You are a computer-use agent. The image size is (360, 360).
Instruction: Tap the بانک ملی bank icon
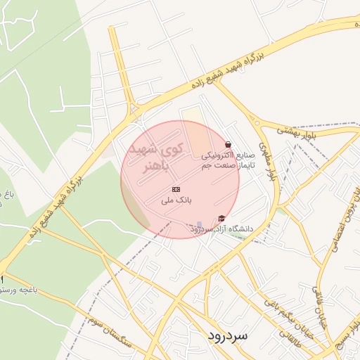click(x=176, y=190)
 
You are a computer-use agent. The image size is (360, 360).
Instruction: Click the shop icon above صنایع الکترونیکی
click(x=228, y=144)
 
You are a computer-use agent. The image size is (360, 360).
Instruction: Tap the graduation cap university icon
click(x=222, y=219)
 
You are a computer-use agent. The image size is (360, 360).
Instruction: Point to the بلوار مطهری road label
click(x=265, y=161)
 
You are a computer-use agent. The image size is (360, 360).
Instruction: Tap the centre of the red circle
click(x=180, y=179)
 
